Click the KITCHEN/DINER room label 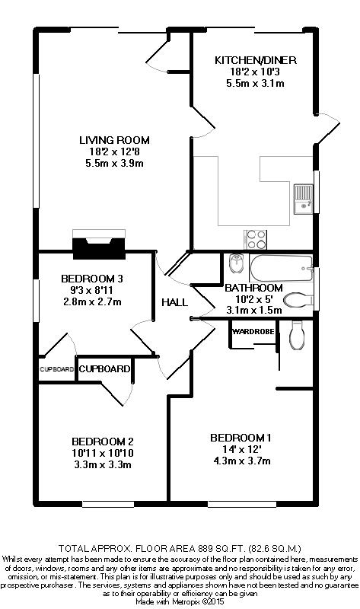(x=256, y=60)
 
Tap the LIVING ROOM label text (x=114, y=140)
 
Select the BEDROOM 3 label (x=92, y=279)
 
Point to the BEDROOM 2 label (x=103, y=442)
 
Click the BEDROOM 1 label (x=241, y=438)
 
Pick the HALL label (x=174, y=302)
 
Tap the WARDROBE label (x=253, y=332)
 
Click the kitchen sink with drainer (x=303, y=199)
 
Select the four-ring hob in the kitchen (x=256, y=239)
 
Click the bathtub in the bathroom (x=281, y=268)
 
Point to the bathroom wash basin (x=236, y=263)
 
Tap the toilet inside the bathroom (x=298, y=300)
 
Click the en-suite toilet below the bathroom (x=297, y=335)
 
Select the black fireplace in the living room (x=99, y=248)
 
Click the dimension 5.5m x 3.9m (x=114, y=163)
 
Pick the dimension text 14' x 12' (x=241, y=449)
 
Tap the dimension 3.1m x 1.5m (x=254, y=311)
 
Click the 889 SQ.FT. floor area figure (x=221, y=548)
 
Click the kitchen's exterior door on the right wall (x=327, y=129)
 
